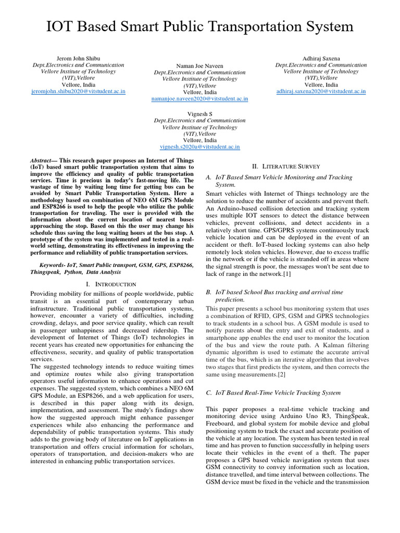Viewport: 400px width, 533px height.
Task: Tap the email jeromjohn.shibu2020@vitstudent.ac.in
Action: coord(79,91)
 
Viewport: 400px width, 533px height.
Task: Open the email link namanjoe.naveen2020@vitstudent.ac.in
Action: coord(199,98)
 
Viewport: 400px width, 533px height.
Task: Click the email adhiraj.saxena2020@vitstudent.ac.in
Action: coord(321,91)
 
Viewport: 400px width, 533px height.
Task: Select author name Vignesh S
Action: coord(199,113)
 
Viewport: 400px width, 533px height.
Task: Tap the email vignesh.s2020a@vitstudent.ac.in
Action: coord(199,147)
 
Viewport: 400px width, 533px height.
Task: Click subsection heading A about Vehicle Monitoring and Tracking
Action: coord(280,177)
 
